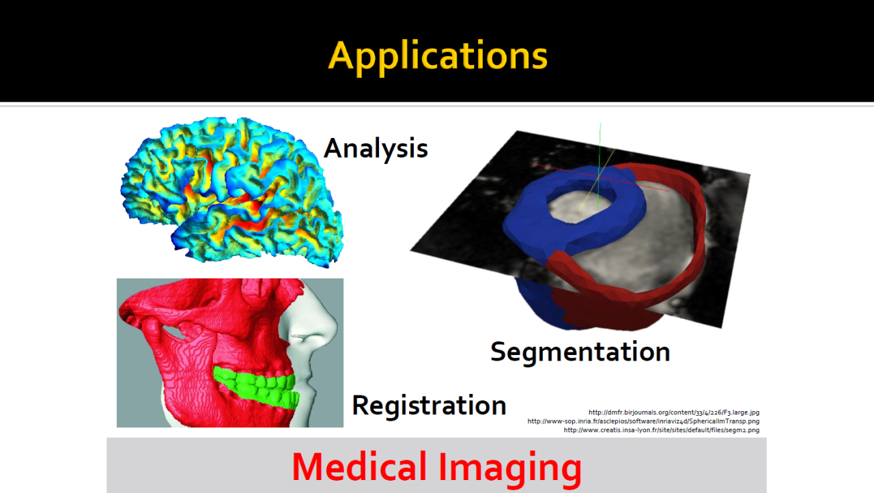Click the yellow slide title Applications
(438, 57)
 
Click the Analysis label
(376, 149)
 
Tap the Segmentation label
(580, 352)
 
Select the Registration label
(429, 406)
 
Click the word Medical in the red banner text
(359, 467)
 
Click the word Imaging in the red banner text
(510, 469)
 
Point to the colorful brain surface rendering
(232, 192)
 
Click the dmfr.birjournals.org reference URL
(674, 412)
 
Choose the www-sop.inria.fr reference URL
(643, 421)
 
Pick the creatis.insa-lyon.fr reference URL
(662, 430)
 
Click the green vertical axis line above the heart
(600, 164)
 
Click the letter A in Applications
(343, 55)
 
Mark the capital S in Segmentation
(498, 352)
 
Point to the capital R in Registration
(361, 405)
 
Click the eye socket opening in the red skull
(174, 330)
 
